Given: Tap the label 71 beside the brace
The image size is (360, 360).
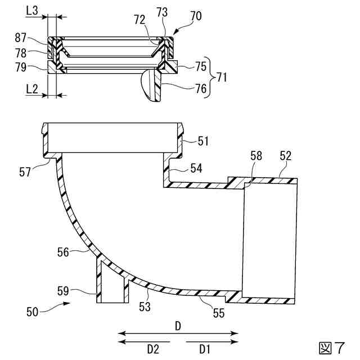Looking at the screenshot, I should coord(222,77).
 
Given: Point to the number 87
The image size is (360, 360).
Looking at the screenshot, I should coord(21,38).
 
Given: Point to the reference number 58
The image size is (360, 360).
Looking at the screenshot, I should coord(256,157).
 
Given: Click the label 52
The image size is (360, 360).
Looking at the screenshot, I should coord(285,157).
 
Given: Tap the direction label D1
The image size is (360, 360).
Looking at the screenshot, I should coord(204,349).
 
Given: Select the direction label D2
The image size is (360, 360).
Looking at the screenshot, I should coord(153,349).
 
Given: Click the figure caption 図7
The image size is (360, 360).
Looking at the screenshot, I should coord(331,347).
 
